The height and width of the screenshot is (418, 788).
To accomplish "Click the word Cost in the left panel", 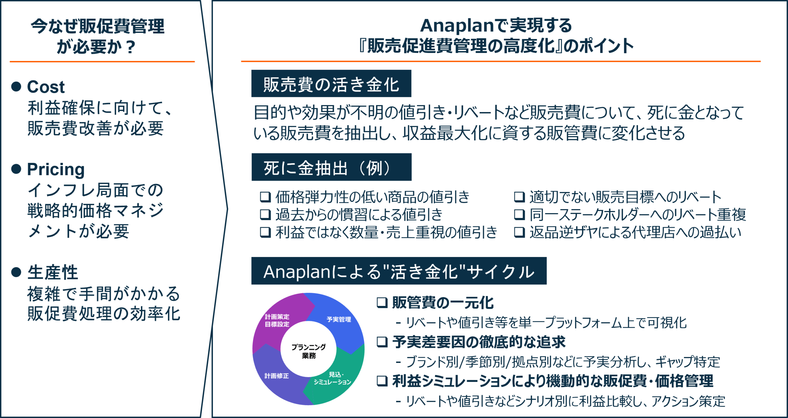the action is [46, 87].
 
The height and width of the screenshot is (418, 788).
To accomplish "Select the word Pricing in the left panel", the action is [56, 170].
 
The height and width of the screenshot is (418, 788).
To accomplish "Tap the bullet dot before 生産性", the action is [16, 272].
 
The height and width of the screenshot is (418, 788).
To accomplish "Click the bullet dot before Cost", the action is [16, 86].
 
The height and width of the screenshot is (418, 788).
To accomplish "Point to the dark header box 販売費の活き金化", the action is [331, 83].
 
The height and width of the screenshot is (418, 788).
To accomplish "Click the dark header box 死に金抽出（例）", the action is [332, 167].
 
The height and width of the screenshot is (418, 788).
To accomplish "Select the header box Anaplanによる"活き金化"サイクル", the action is [399, 271].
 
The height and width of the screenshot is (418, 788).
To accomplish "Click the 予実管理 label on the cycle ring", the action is [339, 320].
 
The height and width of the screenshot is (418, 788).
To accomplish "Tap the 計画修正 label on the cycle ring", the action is [277, 376].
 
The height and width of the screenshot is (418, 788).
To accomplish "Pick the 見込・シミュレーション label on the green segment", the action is [332, 378].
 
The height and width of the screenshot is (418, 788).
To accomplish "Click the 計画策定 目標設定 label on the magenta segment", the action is [277, 320].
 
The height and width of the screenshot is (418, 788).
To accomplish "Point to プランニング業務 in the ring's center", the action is [308, 351].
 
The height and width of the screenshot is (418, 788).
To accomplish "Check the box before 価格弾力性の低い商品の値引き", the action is [265, 197].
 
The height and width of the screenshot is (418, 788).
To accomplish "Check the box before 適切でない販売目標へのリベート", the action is [520, 197].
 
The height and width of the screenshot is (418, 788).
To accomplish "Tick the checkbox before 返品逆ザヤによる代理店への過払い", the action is [520, 232].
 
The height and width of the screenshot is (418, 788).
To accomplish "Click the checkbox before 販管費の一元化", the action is [382, 303].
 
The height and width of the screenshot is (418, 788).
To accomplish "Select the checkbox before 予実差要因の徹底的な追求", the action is [382, 342].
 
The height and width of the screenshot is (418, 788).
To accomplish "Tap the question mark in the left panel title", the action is [131, 47].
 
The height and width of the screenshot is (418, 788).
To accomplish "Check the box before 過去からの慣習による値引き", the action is [265, 215].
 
